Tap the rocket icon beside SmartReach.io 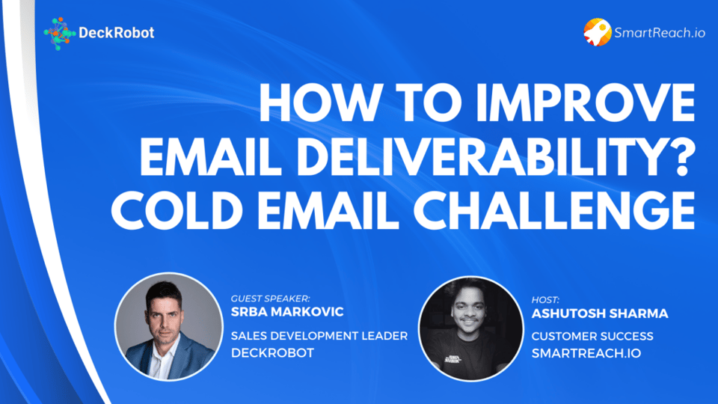(x=597, y=32)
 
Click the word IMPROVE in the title (x=585, y=103)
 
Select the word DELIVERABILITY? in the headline (x=497, y=156)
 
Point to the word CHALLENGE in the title (x=553, y=210)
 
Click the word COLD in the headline (x=177, y=210)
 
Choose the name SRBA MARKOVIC (x=287, y=312)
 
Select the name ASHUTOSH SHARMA (x=599, y=313)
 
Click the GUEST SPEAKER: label (x=270, y=299)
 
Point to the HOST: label (x=545, y=300)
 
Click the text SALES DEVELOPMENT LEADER (x=319, y=336)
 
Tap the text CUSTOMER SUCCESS (x=592, y=336)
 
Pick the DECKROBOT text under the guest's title (x=272, y=352)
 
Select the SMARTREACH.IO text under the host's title (x=586, y=353)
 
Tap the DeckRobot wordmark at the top (x=117, y=32)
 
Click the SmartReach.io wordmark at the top (x=660, y=32)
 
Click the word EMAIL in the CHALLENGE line (x=328, y=210)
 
